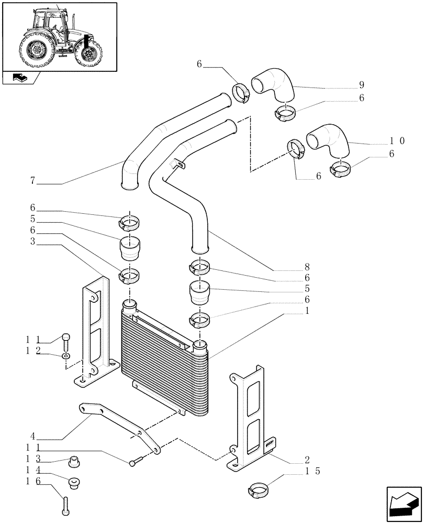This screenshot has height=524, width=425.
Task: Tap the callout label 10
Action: (397, 140)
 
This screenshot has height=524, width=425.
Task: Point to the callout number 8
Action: (307, 266)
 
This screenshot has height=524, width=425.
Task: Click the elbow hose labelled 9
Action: (273, 86)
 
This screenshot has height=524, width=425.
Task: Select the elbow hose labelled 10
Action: (328, 140)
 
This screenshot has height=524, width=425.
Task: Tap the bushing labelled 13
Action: (75, 462)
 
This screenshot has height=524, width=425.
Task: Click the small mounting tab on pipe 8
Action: (177, 165)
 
